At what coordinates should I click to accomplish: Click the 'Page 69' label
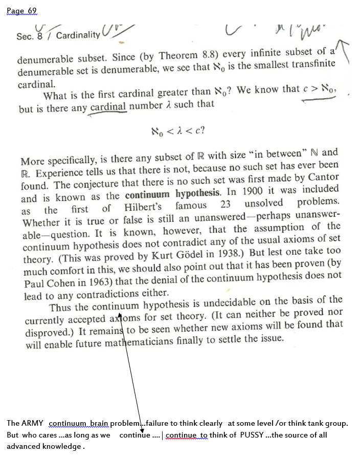click(x=22, y=11)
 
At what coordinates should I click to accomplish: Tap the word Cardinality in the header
click(x=78, y=35)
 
